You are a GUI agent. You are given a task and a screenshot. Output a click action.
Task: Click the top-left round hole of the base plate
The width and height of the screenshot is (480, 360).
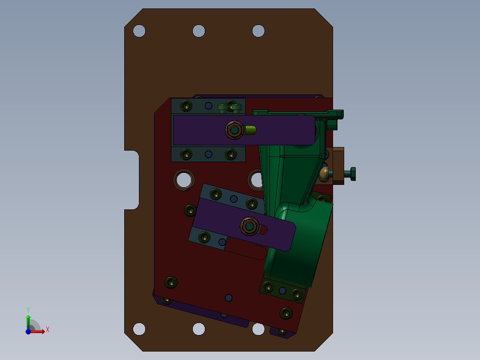click(139, 31)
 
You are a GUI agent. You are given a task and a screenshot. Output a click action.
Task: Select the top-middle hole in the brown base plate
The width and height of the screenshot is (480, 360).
click(199, 31)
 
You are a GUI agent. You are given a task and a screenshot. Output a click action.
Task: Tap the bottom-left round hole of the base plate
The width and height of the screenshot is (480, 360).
click(139, 329)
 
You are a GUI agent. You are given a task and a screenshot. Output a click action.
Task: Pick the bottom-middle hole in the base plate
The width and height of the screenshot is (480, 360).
click(199, 329)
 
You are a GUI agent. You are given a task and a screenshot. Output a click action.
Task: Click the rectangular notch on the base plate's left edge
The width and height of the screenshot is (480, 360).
click(132, 180)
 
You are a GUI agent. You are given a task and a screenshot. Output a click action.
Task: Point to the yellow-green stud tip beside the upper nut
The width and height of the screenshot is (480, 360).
click(251, 130)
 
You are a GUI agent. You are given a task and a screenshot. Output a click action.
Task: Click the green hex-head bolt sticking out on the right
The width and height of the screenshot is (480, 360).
click(350, 174)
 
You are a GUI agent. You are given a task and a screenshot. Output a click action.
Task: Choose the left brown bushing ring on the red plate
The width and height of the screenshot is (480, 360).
click(184, 179)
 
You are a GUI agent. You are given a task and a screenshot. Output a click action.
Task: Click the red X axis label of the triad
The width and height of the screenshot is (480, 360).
click(48, 330)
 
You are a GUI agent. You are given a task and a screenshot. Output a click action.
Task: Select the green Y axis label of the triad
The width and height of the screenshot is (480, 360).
click(28, 309)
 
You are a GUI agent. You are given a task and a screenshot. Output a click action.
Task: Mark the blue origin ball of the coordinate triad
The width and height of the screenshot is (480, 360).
click(28, 331)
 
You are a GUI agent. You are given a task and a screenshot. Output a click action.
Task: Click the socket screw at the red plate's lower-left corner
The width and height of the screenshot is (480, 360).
click(171, 282)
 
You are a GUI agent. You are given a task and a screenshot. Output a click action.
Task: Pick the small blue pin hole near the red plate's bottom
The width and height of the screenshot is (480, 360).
click(228, 297)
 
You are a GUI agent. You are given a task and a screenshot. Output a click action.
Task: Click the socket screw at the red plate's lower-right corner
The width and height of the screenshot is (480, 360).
click(285, 313)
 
